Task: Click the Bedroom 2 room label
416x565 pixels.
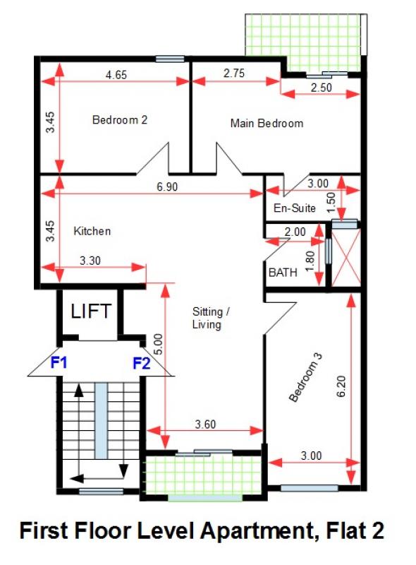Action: point(120,119)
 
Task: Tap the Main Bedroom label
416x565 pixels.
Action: point(267,123)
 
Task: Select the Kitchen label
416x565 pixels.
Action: point(92,231)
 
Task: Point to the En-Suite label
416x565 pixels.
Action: point(294,208)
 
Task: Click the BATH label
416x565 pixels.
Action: point(283,273)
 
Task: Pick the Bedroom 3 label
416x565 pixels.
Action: point(305,377)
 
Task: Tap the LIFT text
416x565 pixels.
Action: point(91,311)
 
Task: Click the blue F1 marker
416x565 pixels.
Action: point(59,362)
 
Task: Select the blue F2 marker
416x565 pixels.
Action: point(142,363)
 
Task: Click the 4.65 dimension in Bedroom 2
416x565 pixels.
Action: point(116,75)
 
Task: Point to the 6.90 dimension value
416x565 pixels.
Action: point(167,186)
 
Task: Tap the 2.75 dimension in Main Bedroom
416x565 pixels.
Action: point(234,73)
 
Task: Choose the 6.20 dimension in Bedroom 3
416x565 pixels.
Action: point(341,386)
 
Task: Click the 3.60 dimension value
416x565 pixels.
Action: point(205,424)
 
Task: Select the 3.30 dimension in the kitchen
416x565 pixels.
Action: point(90,260)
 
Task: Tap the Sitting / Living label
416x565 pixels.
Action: point(211,318)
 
